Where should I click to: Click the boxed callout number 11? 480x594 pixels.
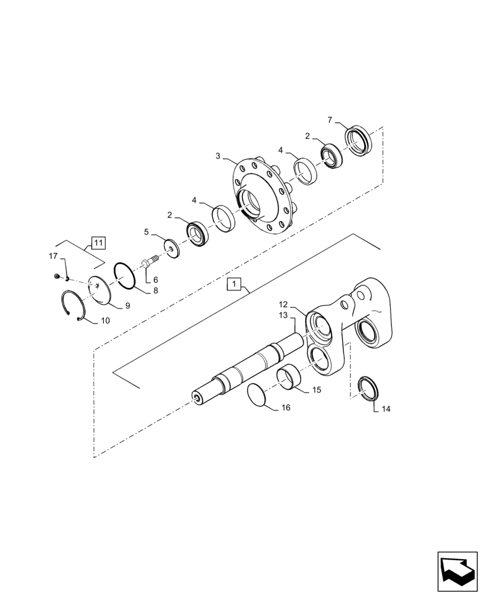click(98, 242)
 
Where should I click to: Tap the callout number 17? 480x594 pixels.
click(53, 256)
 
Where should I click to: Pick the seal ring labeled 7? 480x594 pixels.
click(359, 141)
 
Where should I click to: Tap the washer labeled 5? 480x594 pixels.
click(171, 248)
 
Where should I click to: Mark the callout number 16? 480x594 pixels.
click(286, 407)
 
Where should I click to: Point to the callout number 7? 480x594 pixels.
click(330, 121)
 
